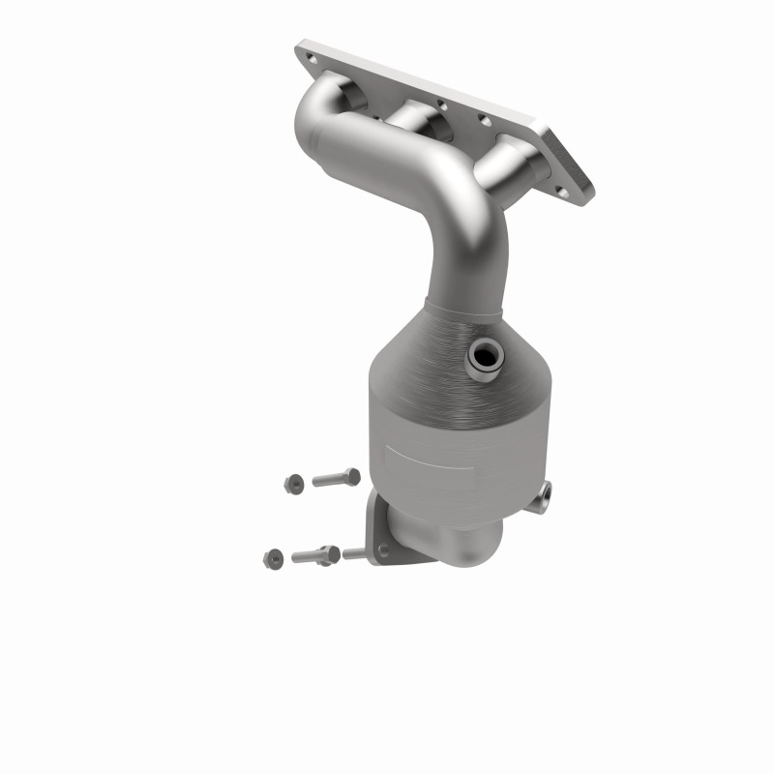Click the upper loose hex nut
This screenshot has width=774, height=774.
[292, 481]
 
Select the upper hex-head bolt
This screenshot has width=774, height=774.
[335, 478]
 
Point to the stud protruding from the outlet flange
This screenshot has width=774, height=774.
[354, 553]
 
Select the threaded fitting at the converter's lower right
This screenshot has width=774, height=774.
[545, 495]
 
